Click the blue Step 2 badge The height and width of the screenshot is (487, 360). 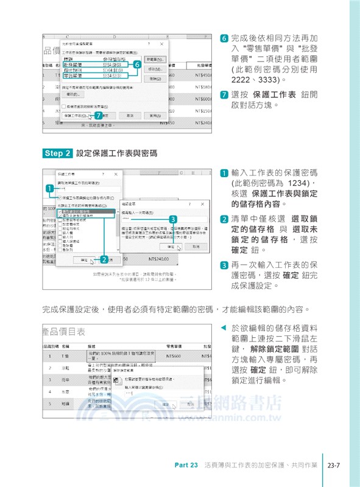[x=58, y=153]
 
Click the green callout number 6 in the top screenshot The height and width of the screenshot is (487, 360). [x=137, y=63]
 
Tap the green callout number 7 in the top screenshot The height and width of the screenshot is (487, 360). [x=99, y=114]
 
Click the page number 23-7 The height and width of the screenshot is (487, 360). [x=333, y=466]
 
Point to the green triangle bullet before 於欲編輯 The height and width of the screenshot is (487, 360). [x=222, y=327]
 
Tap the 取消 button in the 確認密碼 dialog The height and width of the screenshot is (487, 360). [x=196, y=248]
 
